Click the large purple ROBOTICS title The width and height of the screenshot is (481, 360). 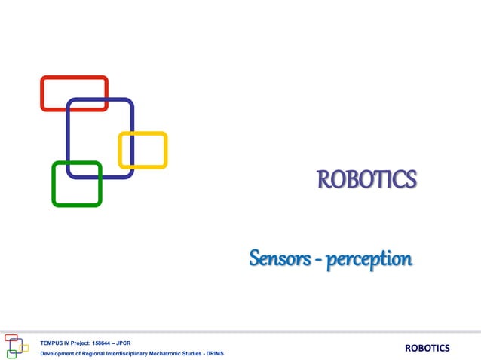tap(366, 181)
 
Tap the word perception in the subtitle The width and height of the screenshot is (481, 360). tap(369, 261)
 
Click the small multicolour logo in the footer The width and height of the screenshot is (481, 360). tap(16, 346)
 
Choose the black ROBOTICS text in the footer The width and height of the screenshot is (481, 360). tap(427, 347)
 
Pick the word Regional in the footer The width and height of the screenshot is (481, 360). tap(97, 353)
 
